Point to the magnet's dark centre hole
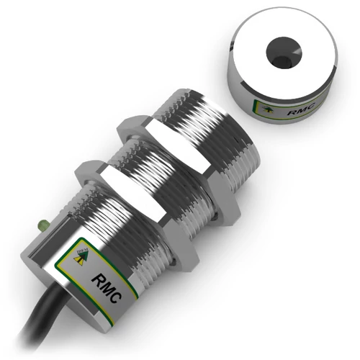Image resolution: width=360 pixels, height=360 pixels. [x=280, y=50]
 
